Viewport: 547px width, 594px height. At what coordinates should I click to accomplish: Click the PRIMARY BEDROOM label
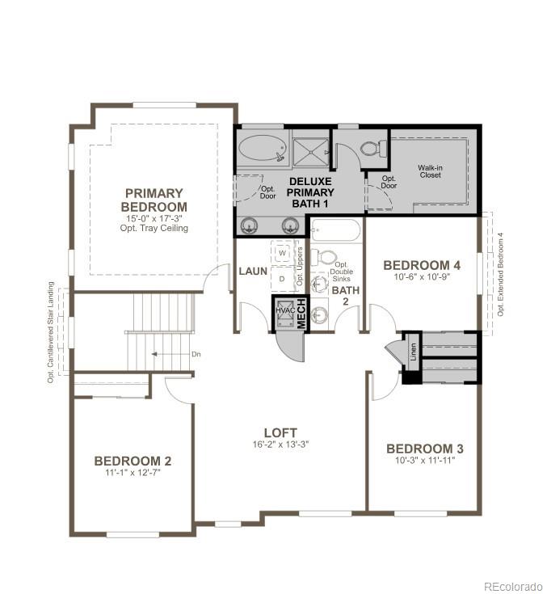[154, 200]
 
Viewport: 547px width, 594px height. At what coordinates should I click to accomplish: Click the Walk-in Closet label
[430, 171]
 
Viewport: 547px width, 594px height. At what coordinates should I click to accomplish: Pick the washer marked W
[282, 252]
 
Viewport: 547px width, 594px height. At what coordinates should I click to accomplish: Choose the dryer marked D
[282, 279]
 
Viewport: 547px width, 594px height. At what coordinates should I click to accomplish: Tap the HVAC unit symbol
[284, 312]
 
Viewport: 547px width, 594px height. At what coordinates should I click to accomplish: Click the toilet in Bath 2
[326, 257]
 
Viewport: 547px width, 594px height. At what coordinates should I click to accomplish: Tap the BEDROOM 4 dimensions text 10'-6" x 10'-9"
[422, 278]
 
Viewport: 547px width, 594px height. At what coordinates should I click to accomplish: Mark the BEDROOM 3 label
[424, 449]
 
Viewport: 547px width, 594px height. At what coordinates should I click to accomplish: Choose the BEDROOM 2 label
[133, 461]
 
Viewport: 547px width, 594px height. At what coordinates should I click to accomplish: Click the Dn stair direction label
[196, 354]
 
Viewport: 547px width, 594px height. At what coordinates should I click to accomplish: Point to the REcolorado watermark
[513, 586]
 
